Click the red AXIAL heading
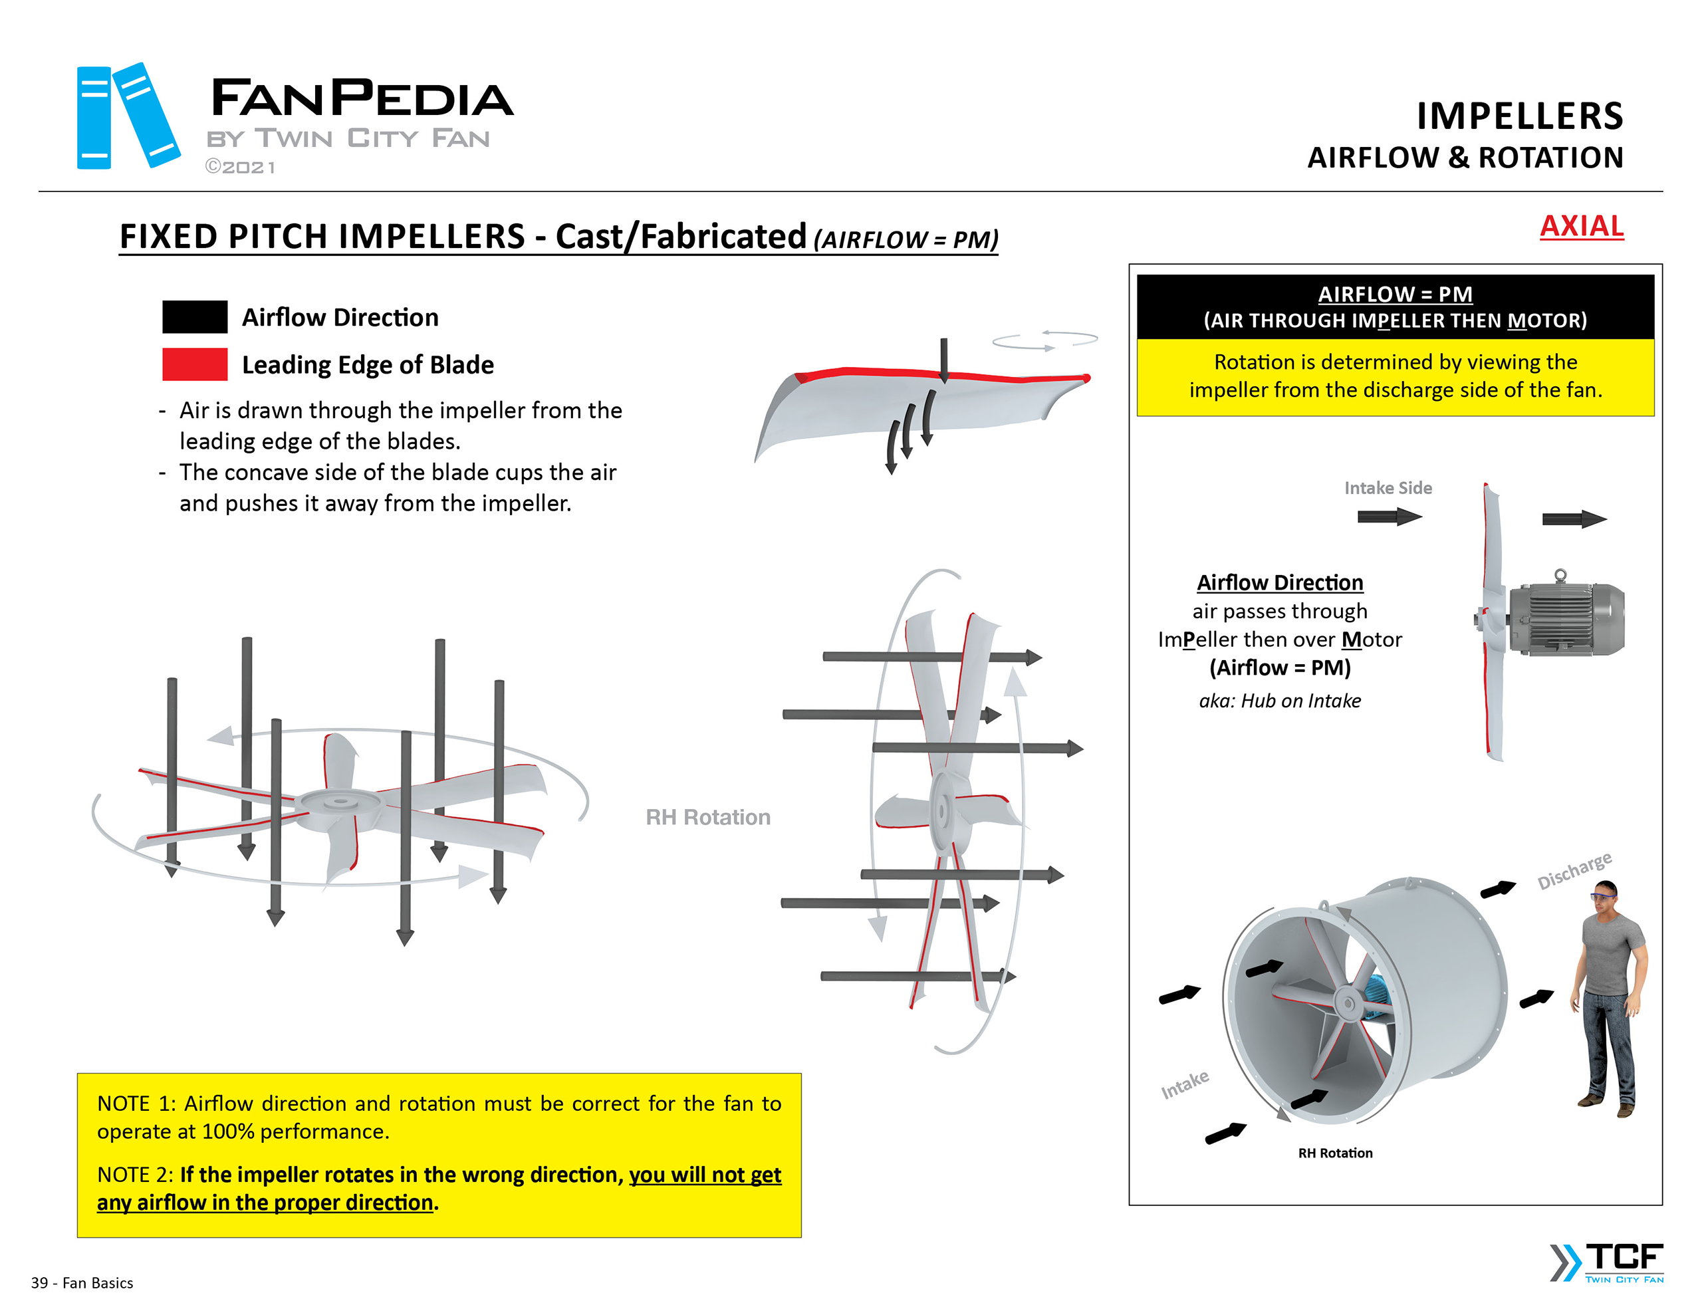1580,226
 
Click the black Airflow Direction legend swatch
195,316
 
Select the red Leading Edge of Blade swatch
195,364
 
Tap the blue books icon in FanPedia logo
127,116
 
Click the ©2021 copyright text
240,167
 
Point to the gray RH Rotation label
707,817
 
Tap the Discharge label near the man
1574,870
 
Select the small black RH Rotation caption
1334,1153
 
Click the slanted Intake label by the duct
1185,1084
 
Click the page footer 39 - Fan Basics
82,1283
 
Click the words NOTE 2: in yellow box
134,1175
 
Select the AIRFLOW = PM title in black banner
1394,294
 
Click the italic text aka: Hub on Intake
1280,701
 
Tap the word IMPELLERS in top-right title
1519,116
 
